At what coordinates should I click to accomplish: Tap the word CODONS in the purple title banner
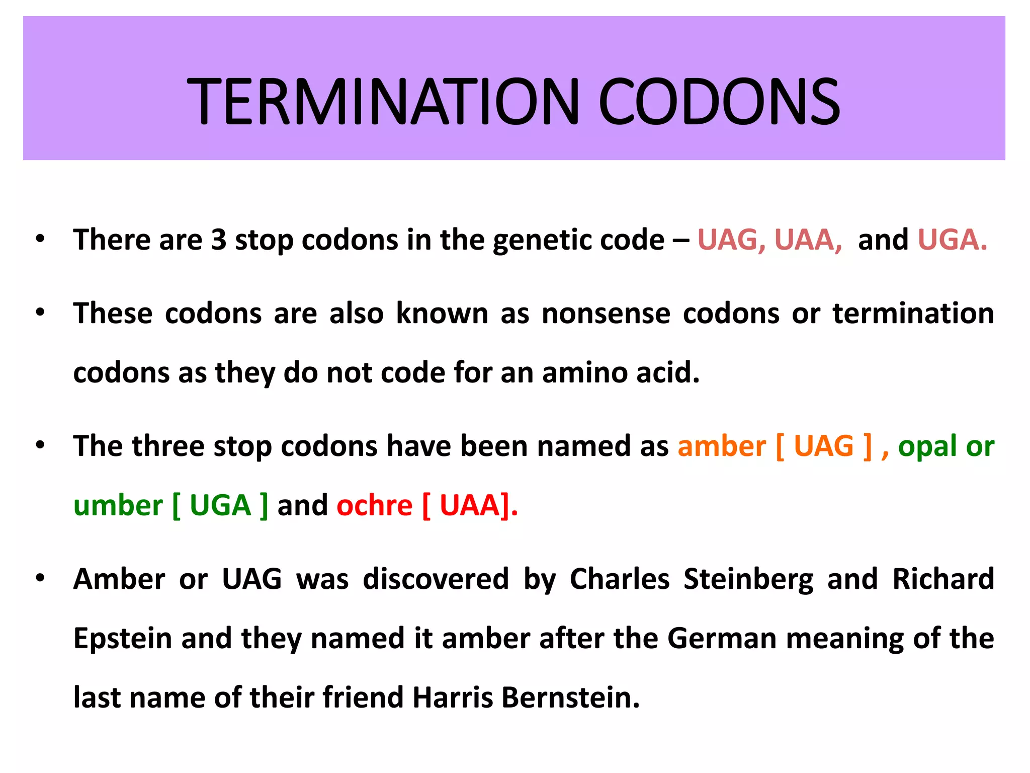pyautogui.click(x=719, y=102)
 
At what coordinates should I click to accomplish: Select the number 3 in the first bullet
pyautogui.click(x=218, y=240)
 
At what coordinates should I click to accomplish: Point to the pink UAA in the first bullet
pyautogui.click(x=808, y=240)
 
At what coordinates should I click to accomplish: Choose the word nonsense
pyautogui.click(x=606, y=314)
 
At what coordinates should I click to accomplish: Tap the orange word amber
pyautogui.click(x=721, y=446)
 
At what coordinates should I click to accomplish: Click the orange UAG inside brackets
pyautogui.click(x=824, y=446)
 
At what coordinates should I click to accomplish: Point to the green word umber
pyautogui.click(x=118, y=506)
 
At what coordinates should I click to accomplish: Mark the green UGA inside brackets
pyautogui.click(x=220, y=506)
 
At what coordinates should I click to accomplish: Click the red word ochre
pyautogui.click(x=375, y=506)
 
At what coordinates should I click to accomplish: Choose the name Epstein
pyautogui.click(x=123, y=639)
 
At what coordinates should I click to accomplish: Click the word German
pyautogui.click(x=722, y=639)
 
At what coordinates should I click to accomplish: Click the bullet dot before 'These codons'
pyautogui.click(x=40, y=313)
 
